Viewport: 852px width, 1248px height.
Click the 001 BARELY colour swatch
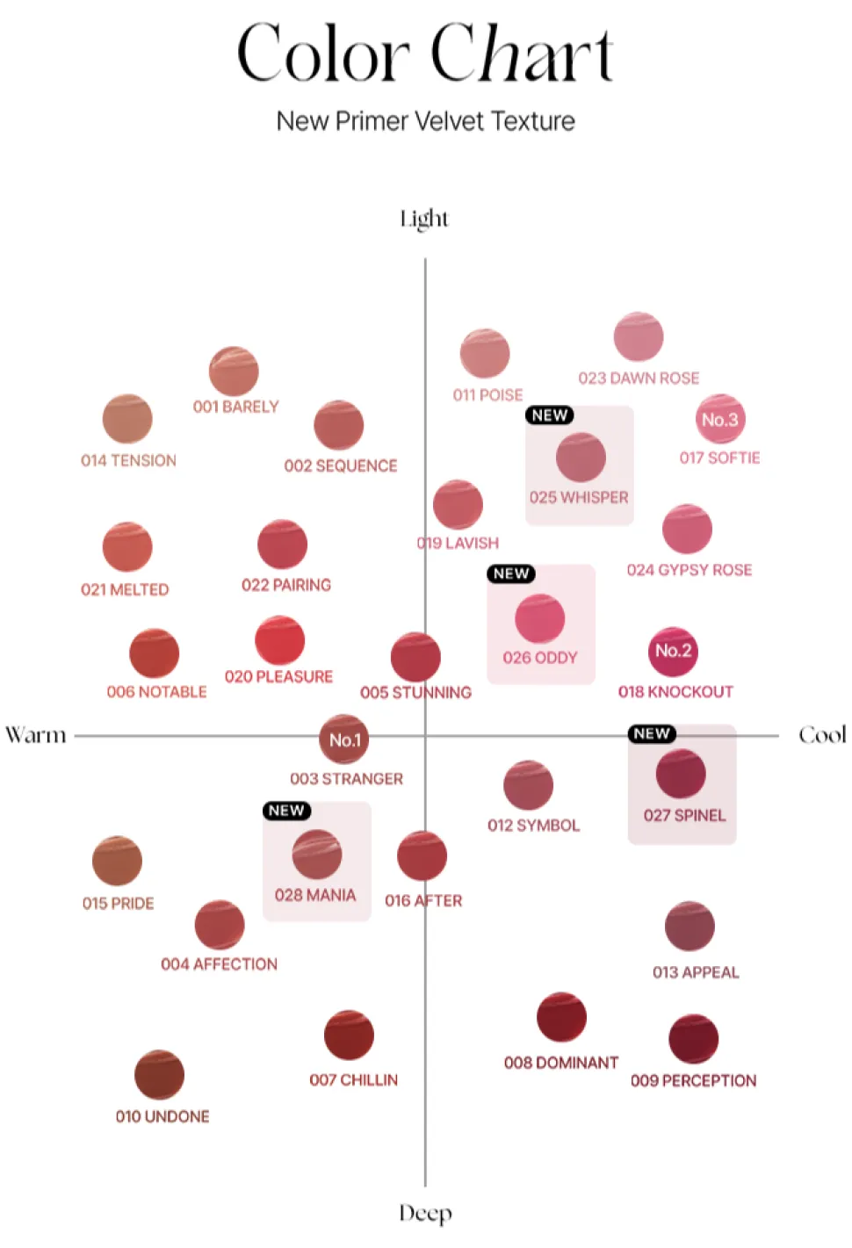234,372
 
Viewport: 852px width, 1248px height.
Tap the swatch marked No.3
720,420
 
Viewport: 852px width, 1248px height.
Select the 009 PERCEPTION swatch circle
694,1039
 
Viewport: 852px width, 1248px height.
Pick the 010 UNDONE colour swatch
159,1075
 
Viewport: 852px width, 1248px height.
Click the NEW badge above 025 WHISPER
550,415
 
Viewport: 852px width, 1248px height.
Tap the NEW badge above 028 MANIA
286,811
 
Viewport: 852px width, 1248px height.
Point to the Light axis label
424,219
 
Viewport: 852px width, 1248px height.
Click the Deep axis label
425,1214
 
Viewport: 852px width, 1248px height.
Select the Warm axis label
36,735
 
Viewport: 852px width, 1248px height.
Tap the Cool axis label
822,735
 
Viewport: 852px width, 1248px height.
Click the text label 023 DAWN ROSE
639,379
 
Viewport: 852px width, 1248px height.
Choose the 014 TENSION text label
128,460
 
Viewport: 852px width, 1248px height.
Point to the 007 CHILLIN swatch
349,1035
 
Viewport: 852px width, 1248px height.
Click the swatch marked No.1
344,739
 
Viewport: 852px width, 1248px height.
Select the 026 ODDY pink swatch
540,618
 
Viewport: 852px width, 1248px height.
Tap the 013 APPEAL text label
696,972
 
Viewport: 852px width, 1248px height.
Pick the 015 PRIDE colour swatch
117,861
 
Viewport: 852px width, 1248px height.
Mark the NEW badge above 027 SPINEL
652,733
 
